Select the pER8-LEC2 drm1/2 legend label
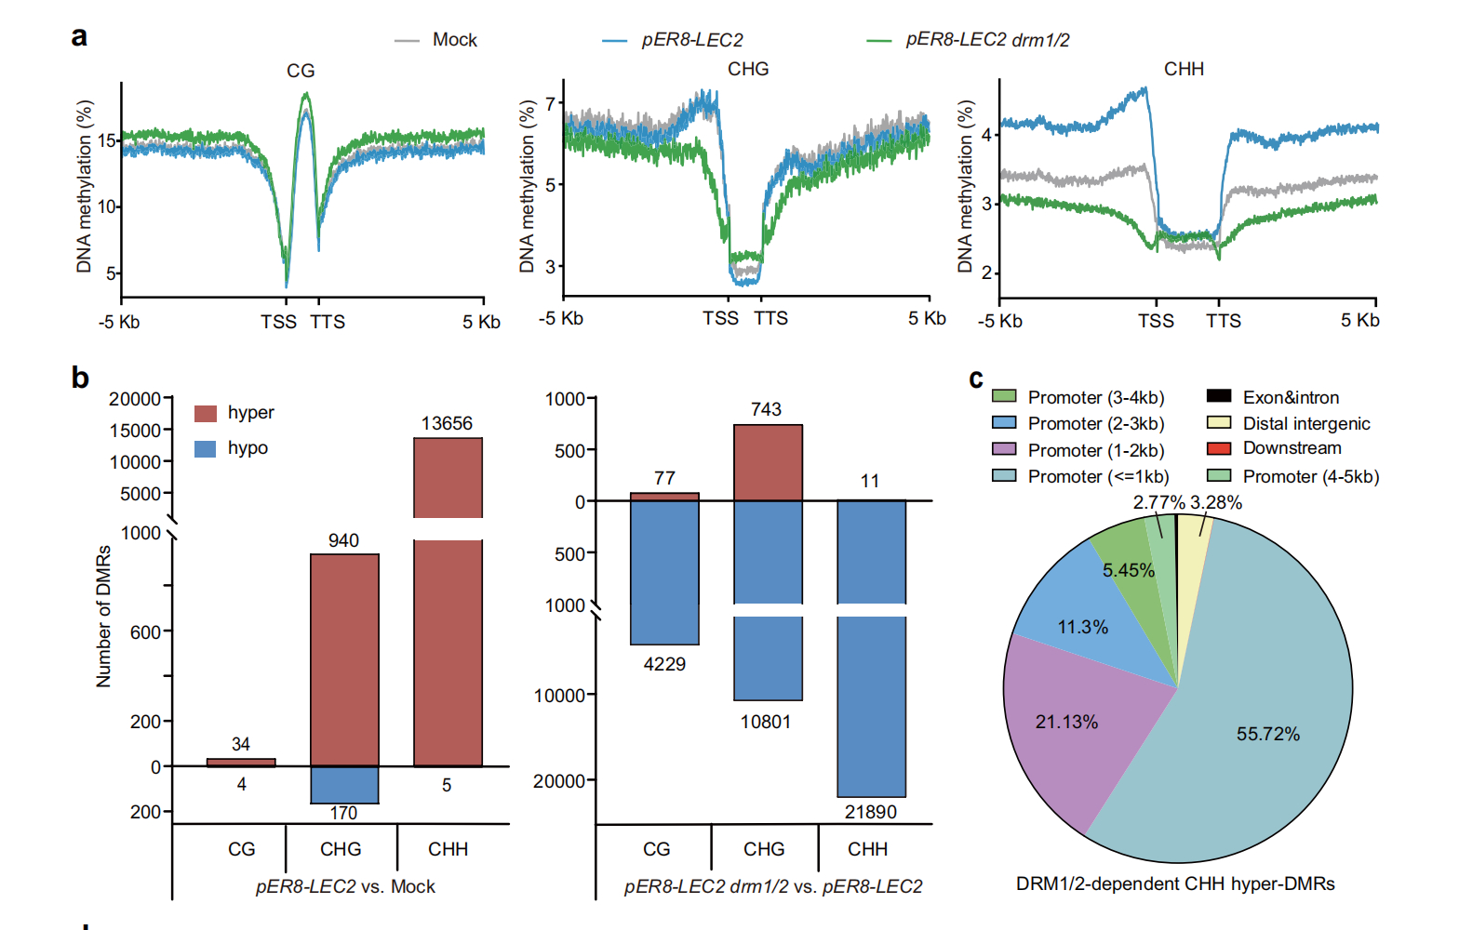(987, 40)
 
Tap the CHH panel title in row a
(1184, 69)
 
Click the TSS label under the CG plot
(278, 322)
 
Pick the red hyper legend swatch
(206, 413)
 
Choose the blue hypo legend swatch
(206, 448)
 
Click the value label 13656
(447, 423)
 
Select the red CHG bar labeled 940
(344, 660)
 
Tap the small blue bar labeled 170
(344, 785)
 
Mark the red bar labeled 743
(768, 462)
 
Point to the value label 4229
(664, 664)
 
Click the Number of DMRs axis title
(103, 616)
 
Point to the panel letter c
(976, 379)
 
